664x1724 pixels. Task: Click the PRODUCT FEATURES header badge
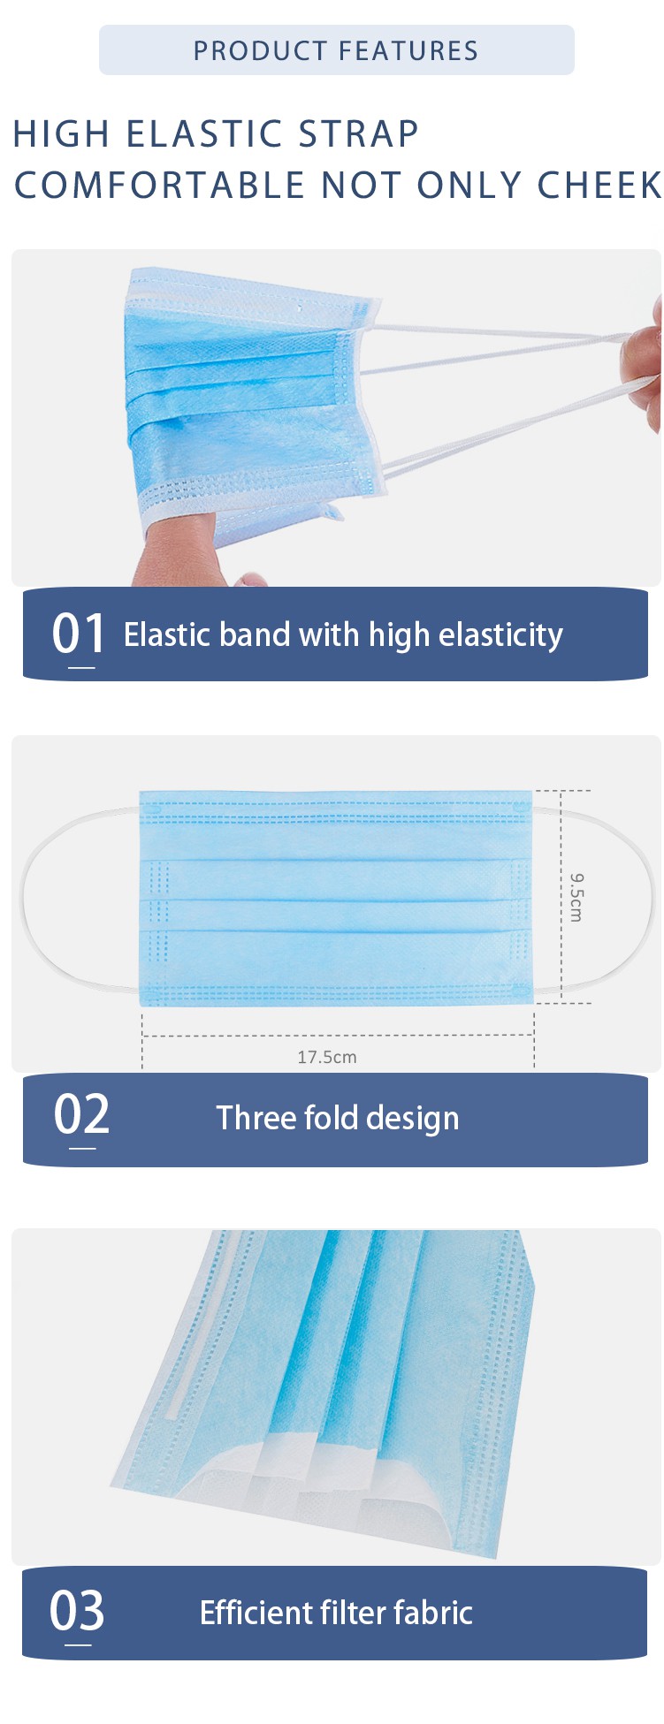(x=336, y=50)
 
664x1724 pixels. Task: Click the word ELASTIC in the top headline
(x=204, y=133)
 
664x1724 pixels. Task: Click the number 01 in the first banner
(x=78, y=634)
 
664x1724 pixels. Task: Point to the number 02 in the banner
(x=81, y=1114)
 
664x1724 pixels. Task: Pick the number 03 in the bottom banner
(x=77, y=1610)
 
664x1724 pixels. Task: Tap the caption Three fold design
(x=338, y=1118)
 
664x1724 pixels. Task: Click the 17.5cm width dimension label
(x=327, y=1057)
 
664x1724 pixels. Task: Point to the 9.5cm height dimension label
(x=576, y=897)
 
